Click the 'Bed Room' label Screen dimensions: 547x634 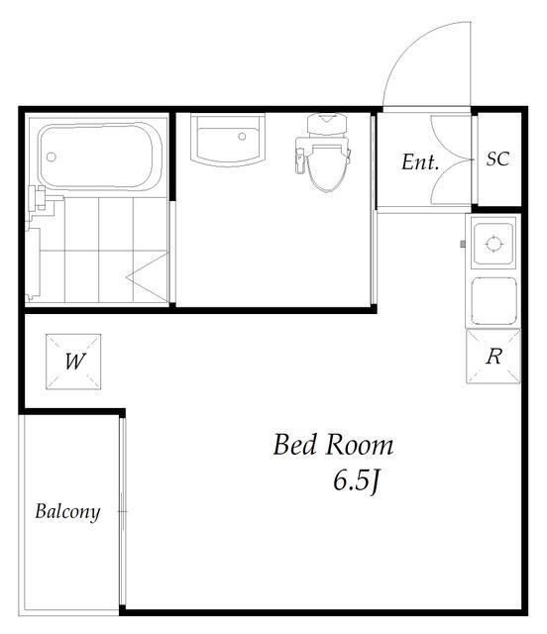[333, 445]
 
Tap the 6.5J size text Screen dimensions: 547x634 [357, 482]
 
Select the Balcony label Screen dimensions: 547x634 [67, 512]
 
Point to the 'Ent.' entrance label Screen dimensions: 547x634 [420, 162]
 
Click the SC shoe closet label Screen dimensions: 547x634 [497, 158]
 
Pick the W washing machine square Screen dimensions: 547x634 [73, 362]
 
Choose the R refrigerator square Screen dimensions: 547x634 [493, 357]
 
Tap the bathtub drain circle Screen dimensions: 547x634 [51, 157]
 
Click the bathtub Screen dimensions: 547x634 [100, 156]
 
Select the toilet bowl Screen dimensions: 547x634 [327, 168]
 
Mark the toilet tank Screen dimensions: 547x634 [327, 124]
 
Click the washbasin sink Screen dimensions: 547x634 [228, 140]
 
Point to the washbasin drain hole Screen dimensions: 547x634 [242, 137]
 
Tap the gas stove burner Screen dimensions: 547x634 [493, 245]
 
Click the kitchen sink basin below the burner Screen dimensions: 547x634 [494, 300]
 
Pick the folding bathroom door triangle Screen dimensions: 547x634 [147, 277]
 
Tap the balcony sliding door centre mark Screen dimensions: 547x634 [123, 511]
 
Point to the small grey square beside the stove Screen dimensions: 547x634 [463, 244]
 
